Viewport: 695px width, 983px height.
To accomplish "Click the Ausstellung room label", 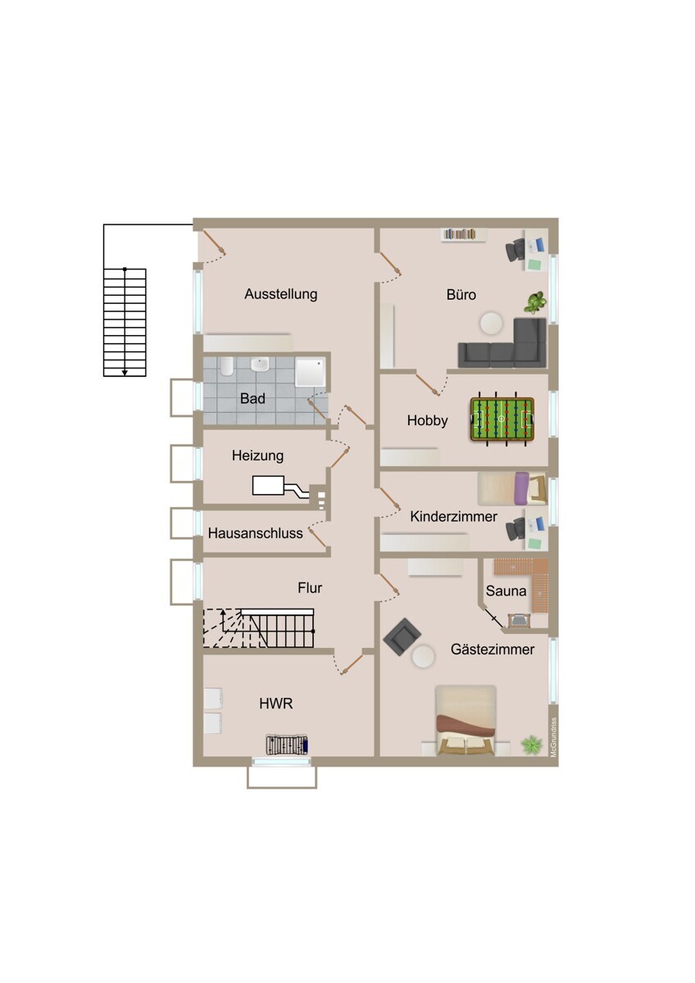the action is pyautogui.click(x=281, y=294).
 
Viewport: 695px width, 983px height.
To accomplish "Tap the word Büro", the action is pyautogui.click(x=461, y=294).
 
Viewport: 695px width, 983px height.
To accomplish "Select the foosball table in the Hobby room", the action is pyautogui.click(x=502, y=419).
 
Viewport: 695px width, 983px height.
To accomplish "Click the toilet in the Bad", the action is pyautogui.click(x=226, y=366).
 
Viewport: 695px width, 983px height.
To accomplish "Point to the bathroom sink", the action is pyautogui.click(x=260, y=364).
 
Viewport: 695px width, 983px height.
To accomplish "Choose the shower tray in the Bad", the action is pyautogui.click(x=311, y=372).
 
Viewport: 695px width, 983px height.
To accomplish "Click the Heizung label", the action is pyautogui.click(x=257, y=455).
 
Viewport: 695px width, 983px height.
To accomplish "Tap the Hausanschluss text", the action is pyautogui.click(x=256, y=533).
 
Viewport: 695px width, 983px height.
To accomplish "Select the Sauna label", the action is pyautogui.click(x=506, y=591).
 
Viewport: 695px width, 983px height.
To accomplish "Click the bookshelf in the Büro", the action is pyautogui.click(x=464, y=234).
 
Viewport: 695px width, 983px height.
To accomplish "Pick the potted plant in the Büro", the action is pyautogui.click(x=536, y=303).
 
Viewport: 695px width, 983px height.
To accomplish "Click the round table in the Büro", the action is pyautogui.click(x=491, y=324).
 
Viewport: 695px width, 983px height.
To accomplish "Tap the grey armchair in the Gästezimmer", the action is pyautogui.click(x=402, y=636).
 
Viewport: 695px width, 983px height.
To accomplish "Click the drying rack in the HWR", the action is pyautogui.click(x=287, y=745).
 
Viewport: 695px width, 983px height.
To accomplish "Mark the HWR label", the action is pyautogui.click(x=275, y=704).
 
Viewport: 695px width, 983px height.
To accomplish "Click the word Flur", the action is pyautogui.click(x=310, y=587).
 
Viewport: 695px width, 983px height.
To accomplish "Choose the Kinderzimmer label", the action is pyautogui.click(x=453, y=517).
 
